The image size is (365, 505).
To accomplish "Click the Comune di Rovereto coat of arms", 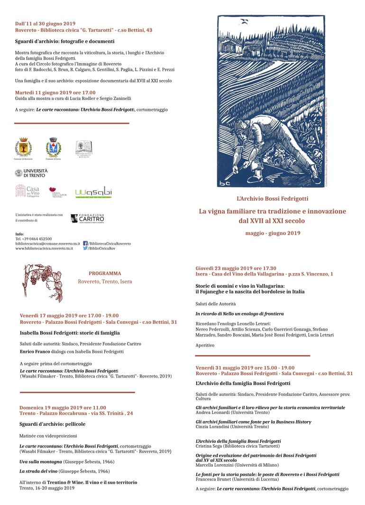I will (x=23, y=147).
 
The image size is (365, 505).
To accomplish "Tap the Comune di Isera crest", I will (x=53, y=147).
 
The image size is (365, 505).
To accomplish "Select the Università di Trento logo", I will (x=31, y=173).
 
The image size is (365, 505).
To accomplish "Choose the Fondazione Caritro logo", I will (x=87, y=219).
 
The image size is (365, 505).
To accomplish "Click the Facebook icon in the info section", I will (x=85, y=243).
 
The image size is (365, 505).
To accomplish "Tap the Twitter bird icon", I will (x=85, y=248).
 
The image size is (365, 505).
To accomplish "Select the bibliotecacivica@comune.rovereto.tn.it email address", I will (x=47, y=244).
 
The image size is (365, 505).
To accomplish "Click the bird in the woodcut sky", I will (x=245, y=21).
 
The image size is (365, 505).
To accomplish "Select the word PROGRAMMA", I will (x=105, y=274).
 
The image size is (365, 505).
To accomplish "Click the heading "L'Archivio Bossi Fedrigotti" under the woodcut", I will (x=272, y=199).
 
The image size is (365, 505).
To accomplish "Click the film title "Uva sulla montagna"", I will (x=40, y=461).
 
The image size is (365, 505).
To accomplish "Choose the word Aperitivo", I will (x=205, y=345).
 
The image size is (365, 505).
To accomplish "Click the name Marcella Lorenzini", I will (x=216, y=465).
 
